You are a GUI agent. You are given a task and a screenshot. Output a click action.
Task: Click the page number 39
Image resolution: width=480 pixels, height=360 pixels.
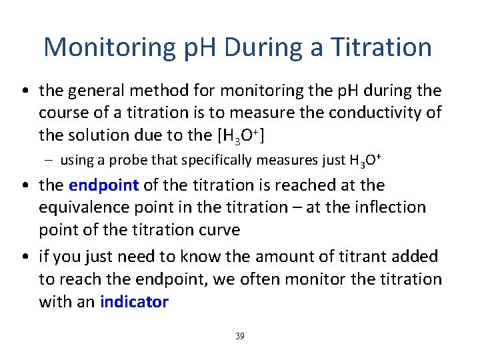point(240,336)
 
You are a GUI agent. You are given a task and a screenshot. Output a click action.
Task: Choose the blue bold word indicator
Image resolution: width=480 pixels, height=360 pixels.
point(134,301)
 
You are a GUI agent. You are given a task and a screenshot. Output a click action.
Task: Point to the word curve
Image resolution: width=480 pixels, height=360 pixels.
point(221,230)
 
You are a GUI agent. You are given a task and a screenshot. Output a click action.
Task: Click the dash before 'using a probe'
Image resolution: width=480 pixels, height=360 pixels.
point(50,161)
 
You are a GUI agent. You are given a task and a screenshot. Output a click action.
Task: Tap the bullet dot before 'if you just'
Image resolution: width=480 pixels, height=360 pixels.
point(25,256)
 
